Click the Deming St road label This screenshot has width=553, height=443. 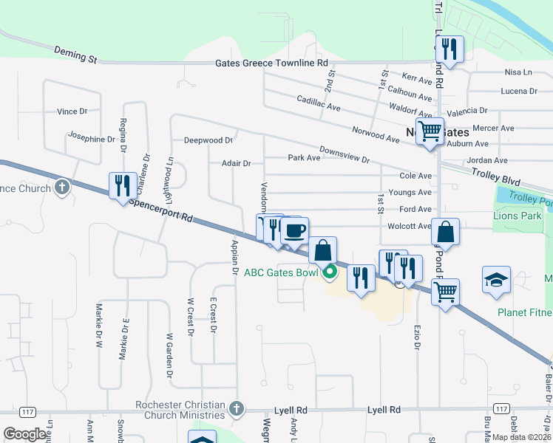coord(76,53)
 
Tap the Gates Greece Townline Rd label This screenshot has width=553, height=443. coord(271,63)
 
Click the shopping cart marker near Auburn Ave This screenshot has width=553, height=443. coord(430,131)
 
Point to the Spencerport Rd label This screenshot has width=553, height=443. coord(160,210)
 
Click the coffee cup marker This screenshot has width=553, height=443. coord(295,230)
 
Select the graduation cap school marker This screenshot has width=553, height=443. coord(496,280)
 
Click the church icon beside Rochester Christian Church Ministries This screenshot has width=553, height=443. coord(236,408)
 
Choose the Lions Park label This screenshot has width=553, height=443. coord(518,216)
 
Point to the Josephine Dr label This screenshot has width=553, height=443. coord(92,138)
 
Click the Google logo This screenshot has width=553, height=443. coord(25,434)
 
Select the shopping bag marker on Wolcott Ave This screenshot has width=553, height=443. coord(445,232)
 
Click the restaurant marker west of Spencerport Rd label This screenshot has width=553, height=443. coord(122,186)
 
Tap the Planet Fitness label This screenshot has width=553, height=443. coord(524,313)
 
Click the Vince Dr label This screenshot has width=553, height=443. coord(72,111)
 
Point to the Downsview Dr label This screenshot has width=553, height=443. coord(345,156)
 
